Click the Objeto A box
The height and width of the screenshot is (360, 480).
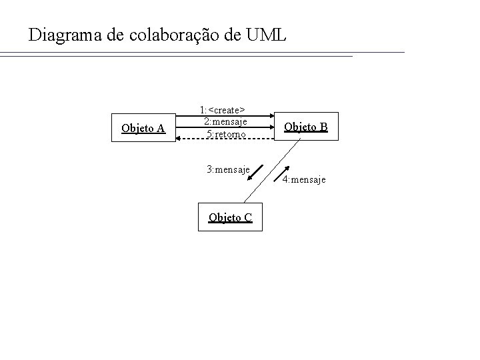tap(143, 128)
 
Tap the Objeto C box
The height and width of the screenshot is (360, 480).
tap(230, 217)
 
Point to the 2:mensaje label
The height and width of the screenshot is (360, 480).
tap(225, 121)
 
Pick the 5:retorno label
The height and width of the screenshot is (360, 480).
tap(226, 134)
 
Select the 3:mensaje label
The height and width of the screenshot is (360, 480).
tap(228, 169)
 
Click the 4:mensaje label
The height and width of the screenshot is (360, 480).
tap(304, 179)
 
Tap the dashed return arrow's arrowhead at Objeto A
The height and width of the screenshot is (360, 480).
tap(178, 139)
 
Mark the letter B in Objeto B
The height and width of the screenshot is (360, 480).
tap(323, 127)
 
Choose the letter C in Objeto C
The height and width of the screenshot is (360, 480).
tap(247, 217)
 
